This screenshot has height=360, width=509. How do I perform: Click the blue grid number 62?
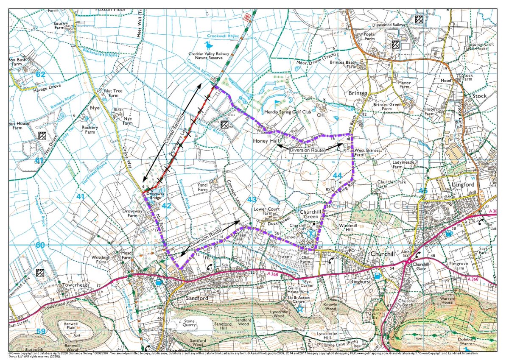pos(41,74)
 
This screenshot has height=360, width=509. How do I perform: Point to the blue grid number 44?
pos(337,175)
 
